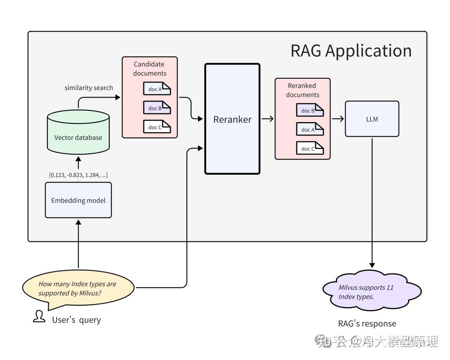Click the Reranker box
(x=232, y=119)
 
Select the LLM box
(x=372, y=119)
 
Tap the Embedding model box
(x=78, y=200)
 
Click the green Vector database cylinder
(x=78, y=133)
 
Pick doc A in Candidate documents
(x=157, y=89)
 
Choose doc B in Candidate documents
(x=157, y=108)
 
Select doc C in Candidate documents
(x=157, y=127)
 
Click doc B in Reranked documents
(x=310, y=110)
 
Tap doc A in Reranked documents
(x=310, y=130)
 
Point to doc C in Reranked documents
(x=310, y=148)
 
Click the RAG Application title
(x=351, y=51)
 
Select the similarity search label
(x=89, y=88)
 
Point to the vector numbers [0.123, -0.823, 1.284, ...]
(x=78, y=175)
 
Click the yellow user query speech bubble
(x=78, y=289)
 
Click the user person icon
(x=39, y=316)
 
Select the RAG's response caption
(x=367, y=324)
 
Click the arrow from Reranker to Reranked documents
(x=267, y=119)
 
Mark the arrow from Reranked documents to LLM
(x=338, y=119)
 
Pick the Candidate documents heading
(x=150, y=69)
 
